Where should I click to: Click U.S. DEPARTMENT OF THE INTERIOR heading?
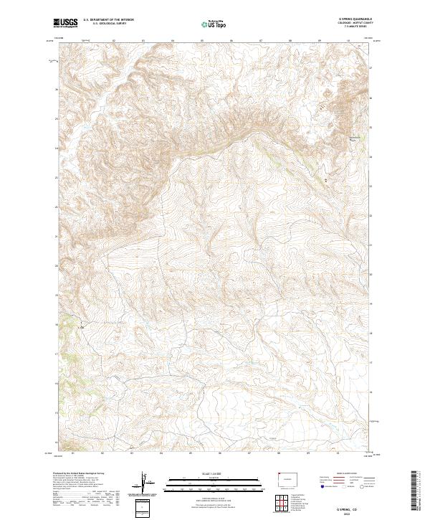tap(108, 20)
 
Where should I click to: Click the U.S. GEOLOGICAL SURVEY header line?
tap(108, 25)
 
